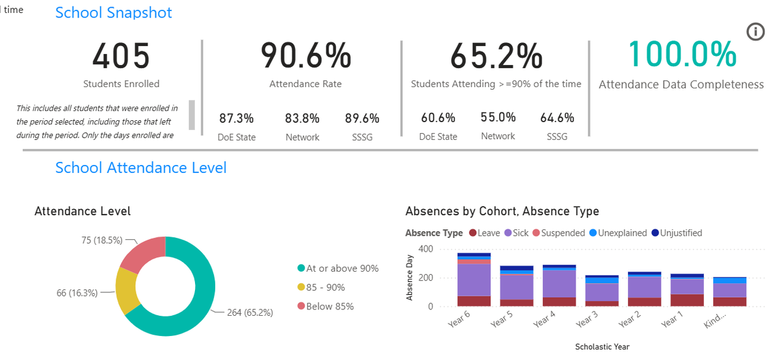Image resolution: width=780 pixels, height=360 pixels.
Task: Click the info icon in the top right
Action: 755,32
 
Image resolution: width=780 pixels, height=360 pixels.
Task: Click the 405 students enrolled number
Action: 121,56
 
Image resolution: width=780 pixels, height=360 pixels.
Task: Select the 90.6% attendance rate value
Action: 305,55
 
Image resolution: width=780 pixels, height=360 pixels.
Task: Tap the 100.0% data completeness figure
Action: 682,54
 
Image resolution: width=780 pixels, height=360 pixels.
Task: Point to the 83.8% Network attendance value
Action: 302,118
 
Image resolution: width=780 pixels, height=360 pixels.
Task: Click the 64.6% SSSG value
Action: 557,118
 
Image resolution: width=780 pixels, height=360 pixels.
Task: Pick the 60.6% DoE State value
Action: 437,118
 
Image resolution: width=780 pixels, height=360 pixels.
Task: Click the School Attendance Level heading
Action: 140,168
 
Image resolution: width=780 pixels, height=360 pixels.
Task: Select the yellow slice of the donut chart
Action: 126,290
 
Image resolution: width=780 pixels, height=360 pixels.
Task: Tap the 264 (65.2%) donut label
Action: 250,313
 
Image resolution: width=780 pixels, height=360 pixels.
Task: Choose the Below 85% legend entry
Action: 326,306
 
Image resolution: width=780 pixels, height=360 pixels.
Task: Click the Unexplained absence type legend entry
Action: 617,233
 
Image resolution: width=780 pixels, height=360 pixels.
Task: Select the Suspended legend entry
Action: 558,233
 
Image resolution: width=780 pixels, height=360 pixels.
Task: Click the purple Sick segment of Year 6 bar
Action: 474,280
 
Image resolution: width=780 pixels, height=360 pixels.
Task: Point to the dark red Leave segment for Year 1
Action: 687,300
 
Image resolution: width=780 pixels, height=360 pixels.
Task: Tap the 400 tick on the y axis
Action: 426,249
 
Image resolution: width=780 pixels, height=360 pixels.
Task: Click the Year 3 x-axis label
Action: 587,320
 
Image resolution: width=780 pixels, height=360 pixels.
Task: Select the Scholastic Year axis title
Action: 602,347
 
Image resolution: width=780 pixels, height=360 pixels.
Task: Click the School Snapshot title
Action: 114,12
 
